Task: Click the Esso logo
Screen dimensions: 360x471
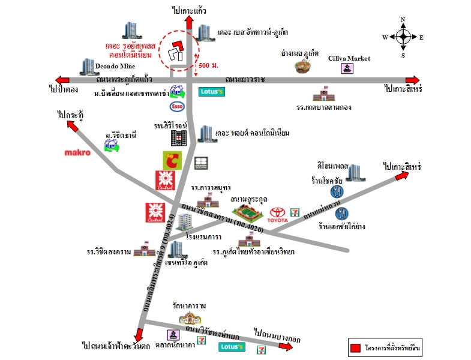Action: (177, 106)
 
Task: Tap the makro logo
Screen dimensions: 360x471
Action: (77, 153)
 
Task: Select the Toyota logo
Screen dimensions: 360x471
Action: (278, 215)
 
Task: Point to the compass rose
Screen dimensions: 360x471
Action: (403, 37)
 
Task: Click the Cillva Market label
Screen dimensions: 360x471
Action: (349, 58)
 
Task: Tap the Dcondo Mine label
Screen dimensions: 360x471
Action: (115, 65)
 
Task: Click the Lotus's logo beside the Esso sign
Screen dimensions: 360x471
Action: (212, 92)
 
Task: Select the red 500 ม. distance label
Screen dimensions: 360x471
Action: (207, 64)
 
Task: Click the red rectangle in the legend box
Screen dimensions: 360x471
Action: (356, 348)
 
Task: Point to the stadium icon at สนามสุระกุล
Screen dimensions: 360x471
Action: (247, 211)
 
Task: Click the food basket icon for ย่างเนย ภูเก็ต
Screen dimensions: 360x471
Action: (304, 65)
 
